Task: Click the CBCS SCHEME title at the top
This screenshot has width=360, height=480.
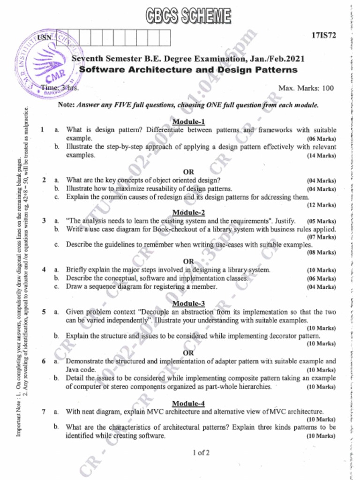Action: click(x=188, y=16)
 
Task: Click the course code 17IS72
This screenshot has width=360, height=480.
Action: click(x=323, y=36)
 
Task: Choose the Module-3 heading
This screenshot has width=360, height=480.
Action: click(x=189, y=303)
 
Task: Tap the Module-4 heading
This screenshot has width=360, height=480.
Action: click(x=188, y=403)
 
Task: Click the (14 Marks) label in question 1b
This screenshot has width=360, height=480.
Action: click(x=322, y=156)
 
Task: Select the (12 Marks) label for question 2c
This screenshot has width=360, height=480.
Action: click(x=322, y=205)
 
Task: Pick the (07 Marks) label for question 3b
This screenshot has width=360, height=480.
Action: click(x=322, y=237)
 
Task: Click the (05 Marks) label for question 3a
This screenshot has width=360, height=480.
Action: click(x=322, y=221)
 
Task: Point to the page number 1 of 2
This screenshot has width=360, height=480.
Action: click(x=201, y=452)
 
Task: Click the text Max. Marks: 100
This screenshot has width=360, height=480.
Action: click(x=306, y=88)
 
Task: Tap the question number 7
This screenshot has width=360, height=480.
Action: click(x=43, y=412)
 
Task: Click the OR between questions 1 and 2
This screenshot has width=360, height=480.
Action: click(x=188, y=172)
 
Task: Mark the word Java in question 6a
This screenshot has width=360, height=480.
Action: click(x=74, y=369)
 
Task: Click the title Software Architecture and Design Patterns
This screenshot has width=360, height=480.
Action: click(x=188, y=70)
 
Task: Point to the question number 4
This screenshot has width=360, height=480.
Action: click(x=43, y=270)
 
